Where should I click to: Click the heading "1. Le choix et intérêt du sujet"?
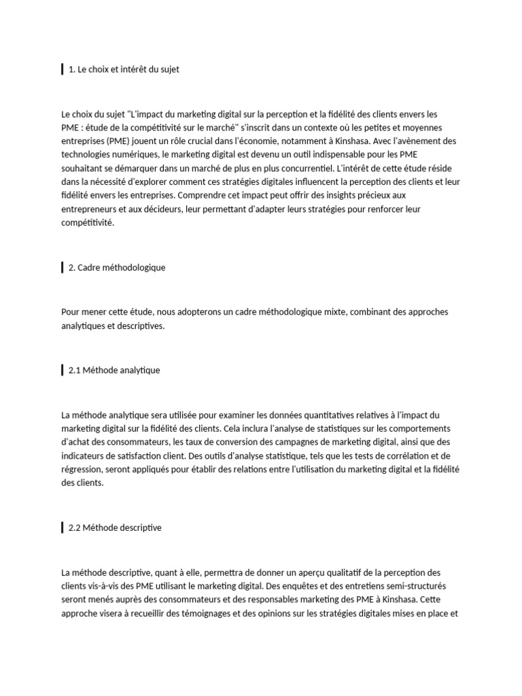[124, 69]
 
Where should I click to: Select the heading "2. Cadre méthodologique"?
[117, 268]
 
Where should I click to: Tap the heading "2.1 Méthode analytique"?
[114, 370]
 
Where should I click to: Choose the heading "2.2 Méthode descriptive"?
[115, 527]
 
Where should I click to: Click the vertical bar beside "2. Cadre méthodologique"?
[63, 268]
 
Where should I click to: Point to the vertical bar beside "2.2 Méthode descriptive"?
[63, 527]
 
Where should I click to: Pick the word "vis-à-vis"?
[110, 587]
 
